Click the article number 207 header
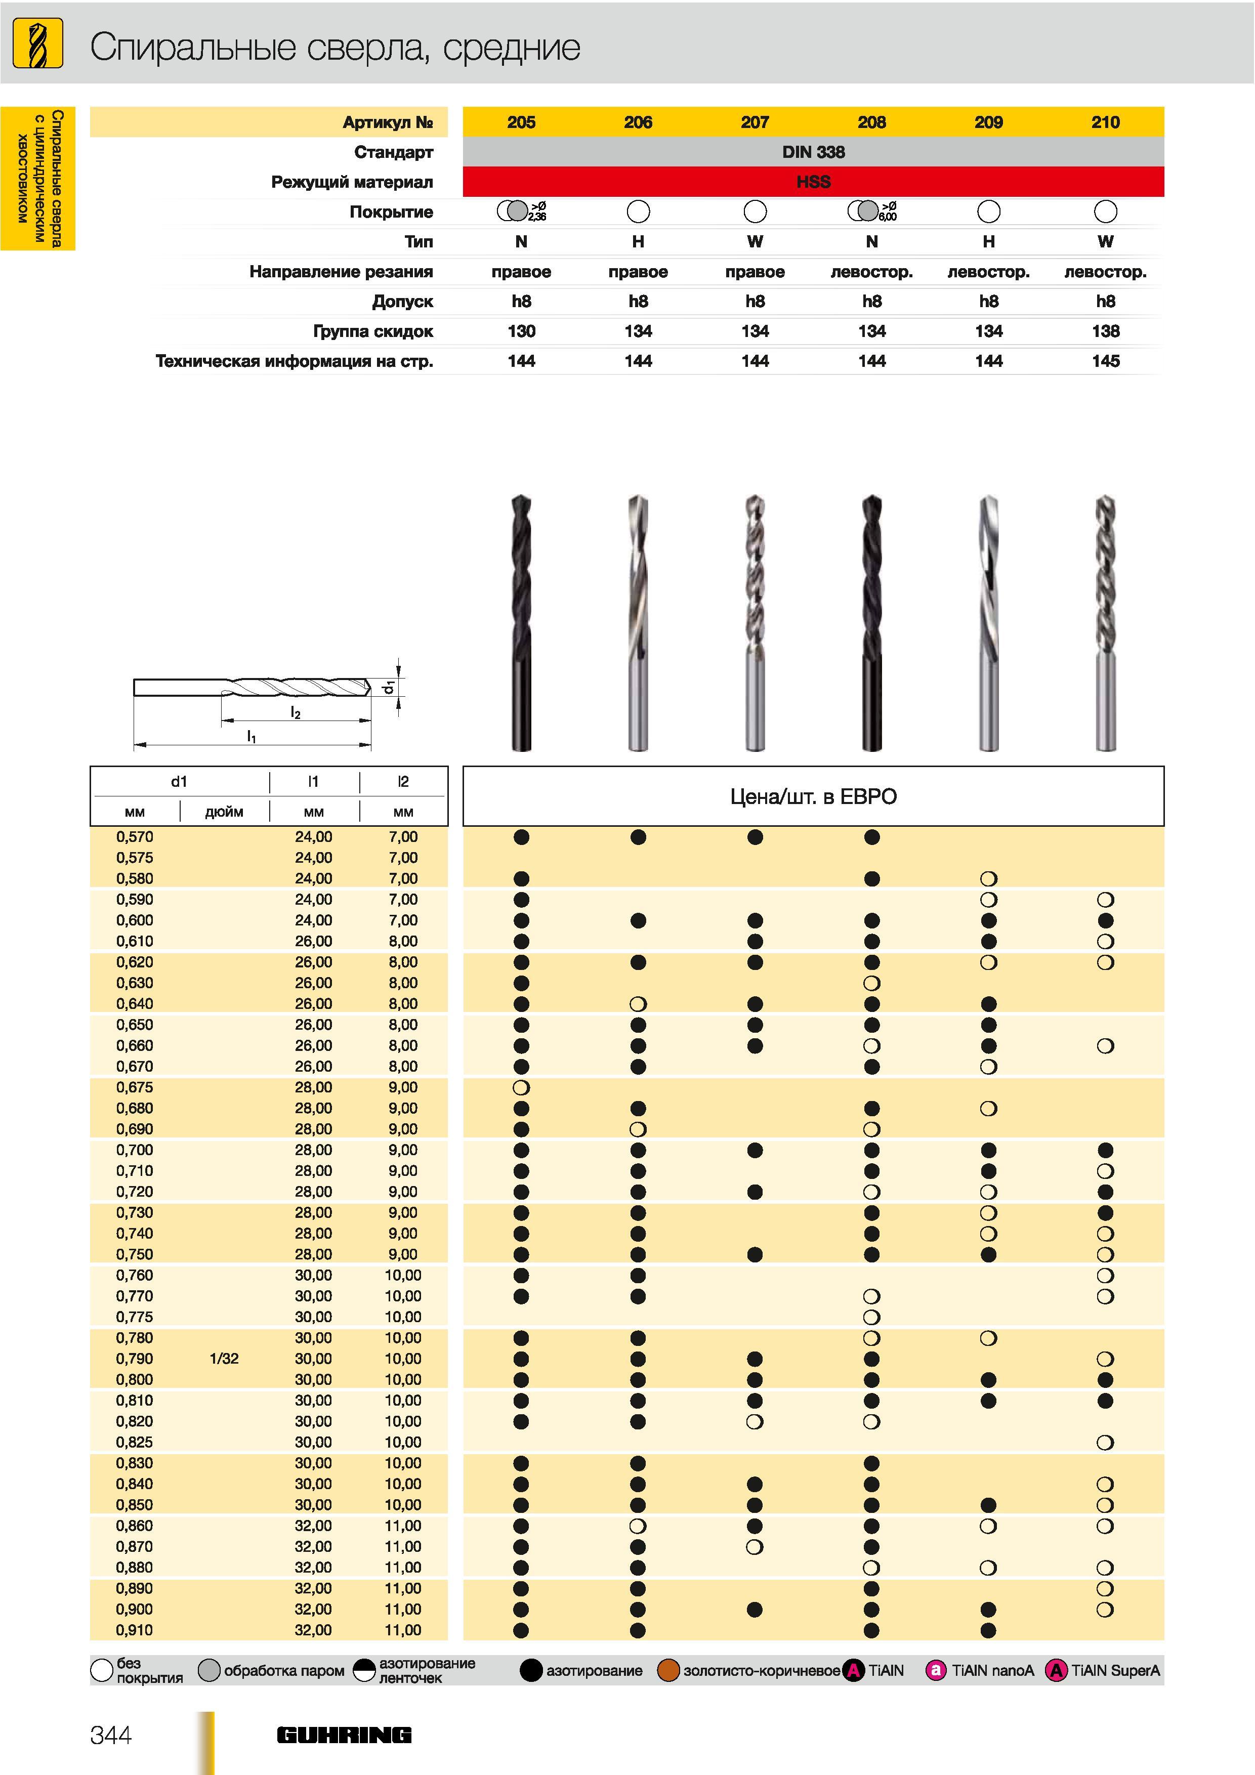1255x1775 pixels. pyautogui.click(x=755, y=122)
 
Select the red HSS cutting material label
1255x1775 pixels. pyautogui.click(x=813, y=182)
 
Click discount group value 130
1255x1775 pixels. pyautogui.click(x=521, y=331)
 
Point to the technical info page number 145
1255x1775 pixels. pyautogui.click(x=1106, y=361)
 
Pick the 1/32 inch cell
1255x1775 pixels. pyautogui.click(x=224, y=1358)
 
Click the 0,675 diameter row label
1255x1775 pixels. pyautogui.click(x=135, y=1087)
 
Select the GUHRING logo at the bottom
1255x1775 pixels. pyautogui.click(x=344, y=1735)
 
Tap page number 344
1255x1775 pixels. pyautogui.click(x=111, y=1735)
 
